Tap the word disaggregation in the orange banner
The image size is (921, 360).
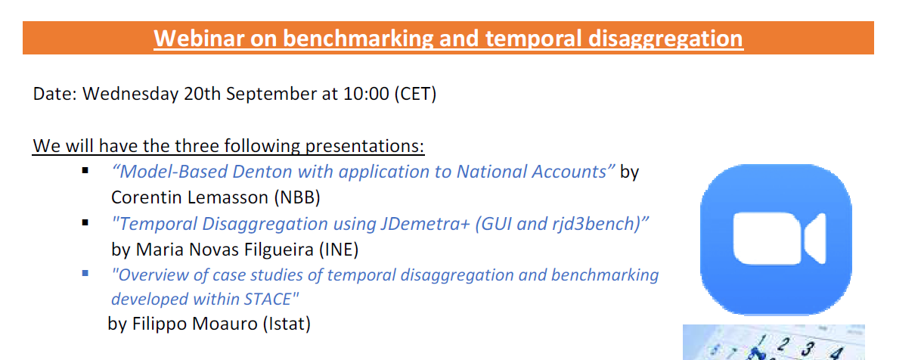tap(665, 39)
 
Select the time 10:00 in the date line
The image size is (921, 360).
tap(366, 94)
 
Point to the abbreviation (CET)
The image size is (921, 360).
tap(415, 94)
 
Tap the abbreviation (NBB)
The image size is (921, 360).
tap(297, 197)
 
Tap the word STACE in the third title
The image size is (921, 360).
tap(268, 299)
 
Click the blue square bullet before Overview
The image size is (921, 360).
tap(85, 273)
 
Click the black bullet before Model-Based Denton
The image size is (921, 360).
tap(85, 171)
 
